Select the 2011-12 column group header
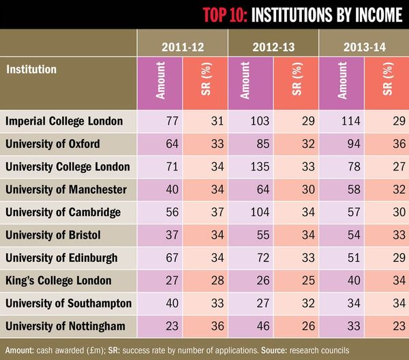[181, 46]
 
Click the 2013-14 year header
[363, 46]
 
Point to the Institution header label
[31, 69]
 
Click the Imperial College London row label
[64, 121]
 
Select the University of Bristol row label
[53, 235]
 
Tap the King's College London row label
[59, 280]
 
